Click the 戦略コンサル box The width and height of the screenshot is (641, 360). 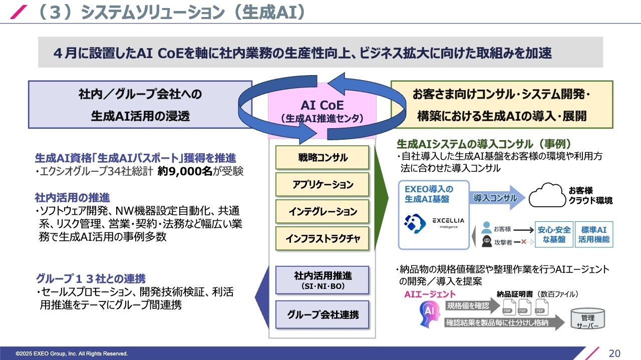(322, 158)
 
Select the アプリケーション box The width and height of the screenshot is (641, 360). (322, 185)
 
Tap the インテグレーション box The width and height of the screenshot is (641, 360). (322, 212)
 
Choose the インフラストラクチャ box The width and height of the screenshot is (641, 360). (322, 239)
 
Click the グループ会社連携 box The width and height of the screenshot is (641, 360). (322, 315)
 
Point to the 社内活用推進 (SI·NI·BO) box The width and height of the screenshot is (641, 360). (322, 280)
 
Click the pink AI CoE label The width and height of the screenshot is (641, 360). (322, 111)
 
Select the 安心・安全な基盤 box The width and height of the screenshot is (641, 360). (554, 234)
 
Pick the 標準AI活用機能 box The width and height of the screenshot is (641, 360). (594, 234)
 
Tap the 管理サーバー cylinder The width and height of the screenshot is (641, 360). (587, 318)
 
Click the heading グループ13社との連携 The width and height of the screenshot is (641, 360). (91, 279)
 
